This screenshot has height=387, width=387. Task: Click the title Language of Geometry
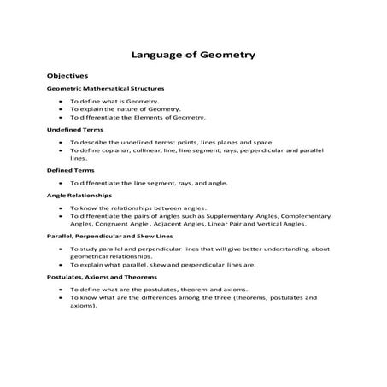click(193, 56)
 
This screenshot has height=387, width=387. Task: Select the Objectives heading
click(67, 76)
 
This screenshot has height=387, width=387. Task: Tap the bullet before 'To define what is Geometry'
click(61, 101)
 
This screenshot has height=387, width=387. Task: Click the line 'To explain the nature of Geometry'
click(125, 109)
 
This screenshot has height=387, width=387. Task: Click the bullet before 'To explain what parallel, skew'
click(61, 265)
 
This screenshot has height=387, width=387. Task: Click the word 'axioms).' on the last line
click(84, 306)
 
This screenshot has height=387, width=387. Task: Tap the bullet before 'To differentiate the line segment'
click(61, 183)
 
